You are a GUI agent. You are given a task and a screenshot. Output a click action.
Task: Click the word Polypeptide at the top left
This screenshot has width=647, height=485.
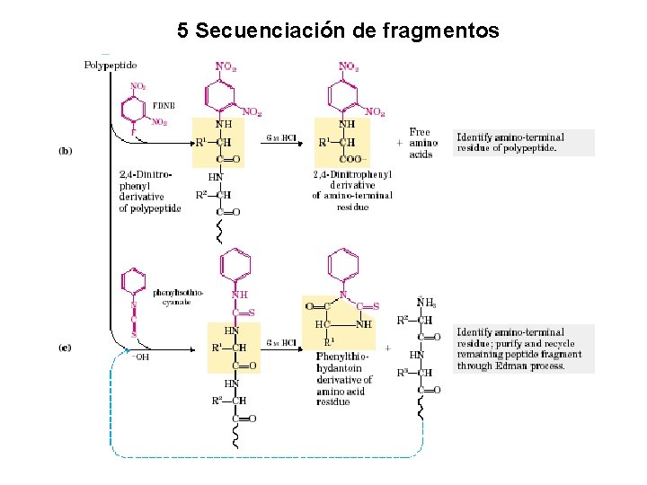coord(111,65)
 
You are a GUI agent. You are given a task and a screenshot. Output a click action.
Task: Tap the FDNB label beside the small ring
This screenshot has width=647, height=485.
coord(164,105)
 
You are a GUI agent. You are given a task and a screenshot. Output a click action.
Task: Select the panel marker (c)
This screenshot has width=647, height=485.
coord(65,347)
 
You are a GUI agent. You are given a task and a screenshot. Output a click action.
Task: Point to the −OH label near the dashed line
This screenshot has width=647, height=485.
coord(141,357)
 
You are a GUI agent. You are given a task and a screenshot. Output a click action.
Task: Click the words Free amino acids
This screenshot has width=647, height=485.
coord(423,143)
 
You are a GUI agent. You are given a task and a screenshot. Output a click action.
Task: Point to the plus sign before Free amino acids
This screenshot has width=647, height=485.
coord(399,143)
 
